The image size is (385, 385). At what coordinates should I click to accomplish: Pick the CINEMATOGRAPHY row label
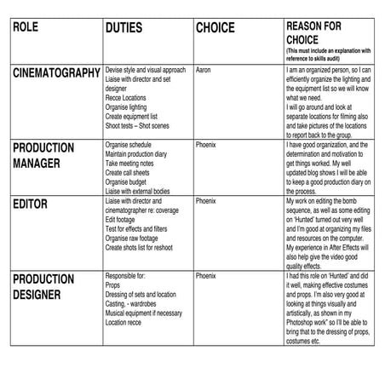click(56, 73)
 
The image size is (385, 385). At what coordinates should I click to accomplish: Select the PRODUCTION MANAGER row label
click(48, 155)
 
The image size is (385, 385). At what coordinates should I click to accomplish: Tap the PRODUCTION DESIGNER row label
click(48, 286)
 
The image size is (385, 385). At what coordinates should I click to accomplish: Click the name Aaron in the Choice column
click(204, 68)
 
